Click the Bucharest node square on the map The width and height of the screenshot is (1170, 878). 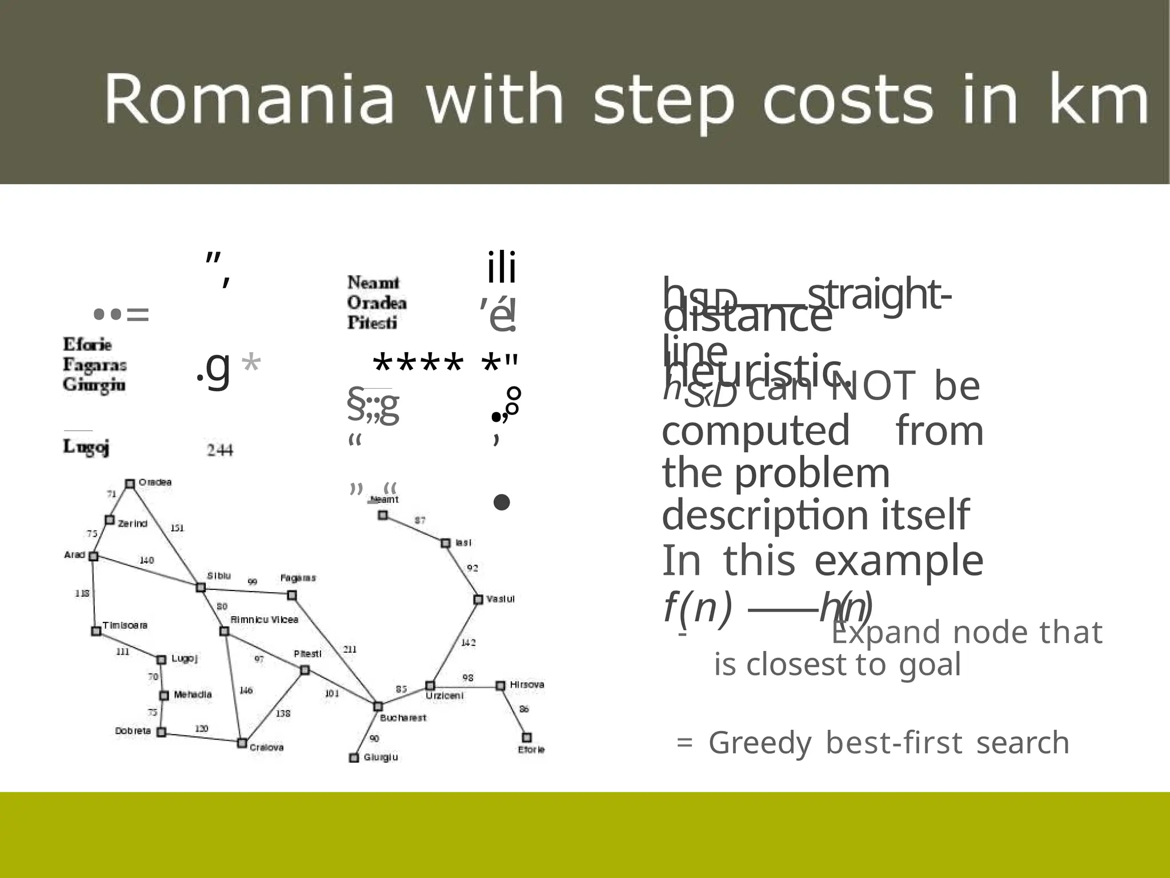378,707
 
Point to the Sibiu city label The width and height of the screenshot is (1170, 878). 219,576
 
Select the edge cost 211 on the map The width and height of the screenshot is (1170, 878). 350,649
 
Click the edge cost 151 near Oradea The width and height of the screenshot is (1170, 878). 178,528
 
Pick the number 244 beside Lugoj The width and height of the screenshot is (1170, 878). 220,450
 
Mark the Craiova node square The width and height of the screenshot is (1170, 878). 242,743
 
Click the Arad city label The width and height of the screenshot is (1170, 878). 75,554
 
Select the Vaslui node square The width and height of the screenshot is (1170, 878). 478,599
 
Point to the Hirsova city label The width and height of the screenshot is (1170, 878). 527,685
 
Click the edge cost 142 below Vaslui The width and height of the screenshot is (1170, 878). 468,642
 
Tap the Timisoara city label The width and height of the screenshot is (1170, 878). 125,625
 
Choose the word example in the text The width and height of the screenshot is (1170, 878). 899,561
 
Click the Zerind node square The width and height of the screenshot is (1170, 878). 110,520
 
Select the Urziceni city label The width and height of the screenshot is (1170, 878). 444,696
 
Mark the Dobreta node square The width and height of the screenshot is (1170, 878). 162,732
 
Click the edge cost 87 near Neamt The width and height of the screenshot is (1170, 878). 420,520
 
